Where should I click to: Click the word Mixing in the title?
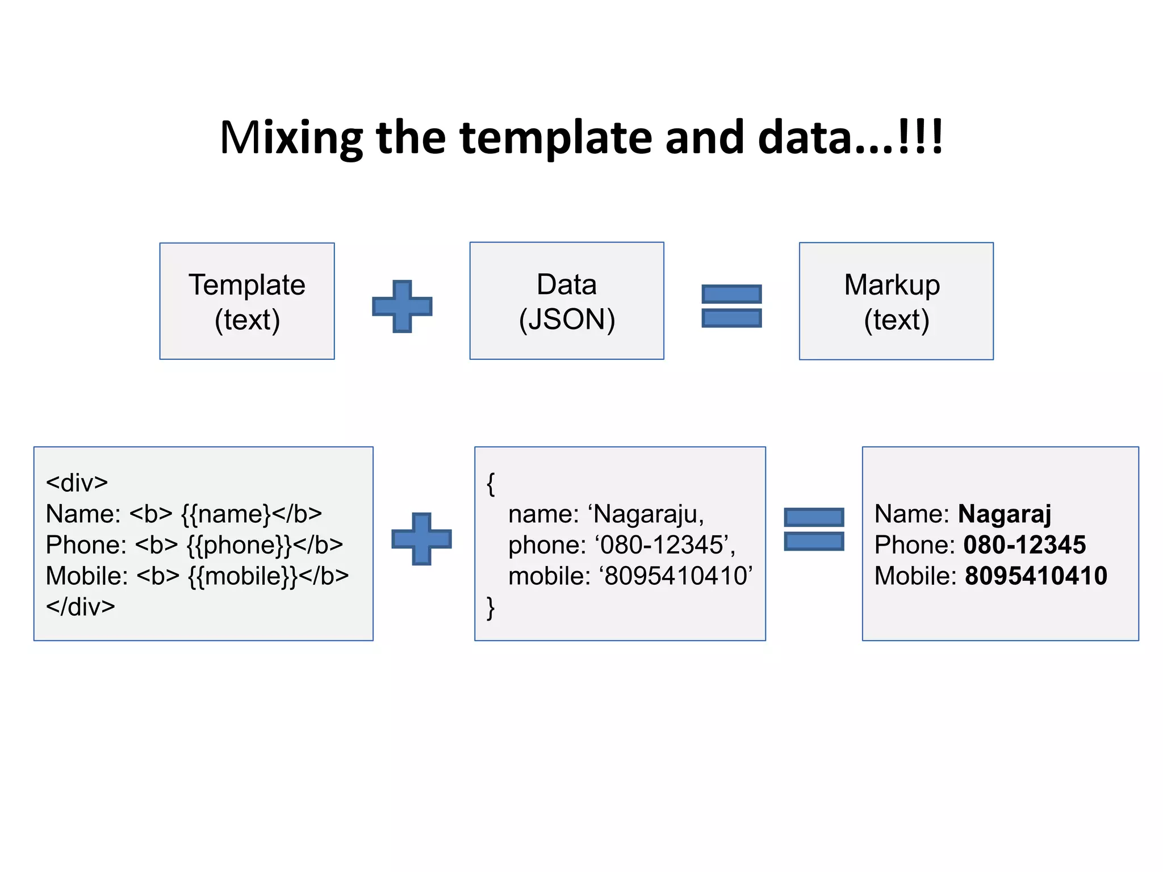291,138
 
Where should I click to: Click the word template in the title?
555,138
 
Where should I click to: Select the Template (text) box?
247,301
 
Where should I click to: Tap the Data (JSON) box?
567,301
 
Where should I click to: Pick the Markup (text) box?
896,301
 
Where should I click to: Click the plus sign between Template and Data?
402,306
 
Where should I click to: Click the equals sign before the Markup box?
731,306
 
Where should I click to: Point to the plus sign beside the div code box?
421,539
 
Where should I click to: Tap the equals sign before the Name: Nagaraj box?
814,529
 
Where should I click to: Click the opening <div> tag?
77,483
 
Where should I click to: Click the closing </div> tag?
81,607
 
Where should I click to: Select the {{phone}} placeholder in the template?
239,545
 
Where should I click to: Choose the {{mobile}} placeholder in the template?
242,576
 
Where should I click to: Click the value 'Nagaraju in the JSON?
646,514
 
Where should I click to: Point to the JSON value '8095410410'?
676,576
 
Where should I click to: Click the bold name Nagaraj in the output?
1005,514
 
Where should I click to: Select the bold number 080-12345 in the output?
1024,545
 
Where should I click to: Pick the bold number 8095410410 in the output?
1036,576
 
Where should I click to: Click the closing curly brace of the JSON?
491,608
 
